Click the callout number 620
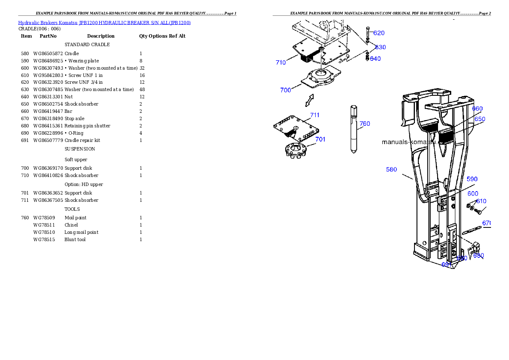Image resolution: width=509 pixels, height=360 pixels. pos(379,33)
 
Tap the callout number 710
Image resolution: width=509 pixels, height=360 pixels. pos(281,62)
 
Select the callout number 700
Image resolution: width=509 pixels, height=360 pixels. pos(286,90)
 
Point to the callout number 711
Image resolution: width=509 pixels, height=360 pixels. pos(315,115)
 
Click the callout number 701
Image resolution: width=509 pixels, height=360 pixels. pos(320,139)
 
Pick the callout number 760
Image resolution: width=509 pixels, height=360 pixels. pos(365,124)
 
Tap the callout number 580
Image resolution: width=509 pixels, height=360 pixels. pos(391,169)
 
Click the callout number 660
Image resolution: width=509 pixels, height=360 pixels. pos(477,109)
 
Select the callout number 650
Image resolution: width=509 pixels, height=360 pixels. pos(480,119)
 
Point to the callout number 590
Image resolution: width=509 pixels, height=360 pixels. pos(472,179)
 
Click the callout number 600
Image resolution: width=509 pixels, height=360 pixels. pos(473,194)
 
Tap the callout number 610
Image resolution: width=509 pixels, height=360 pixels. pos(481,201)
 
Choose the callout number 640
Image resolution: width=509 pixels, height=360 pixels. pos(375,59)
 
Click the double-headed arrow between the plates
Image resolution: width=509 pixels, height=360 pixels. pos(309,100)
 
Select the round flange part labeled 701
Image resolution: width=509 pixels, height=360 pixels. pos(296,151)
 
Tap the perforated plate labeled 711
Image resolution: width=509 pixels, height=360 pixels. pos(296,128)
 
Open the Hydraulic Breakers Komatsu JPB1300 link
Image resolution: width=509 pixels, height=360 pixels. pos(104,22)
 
